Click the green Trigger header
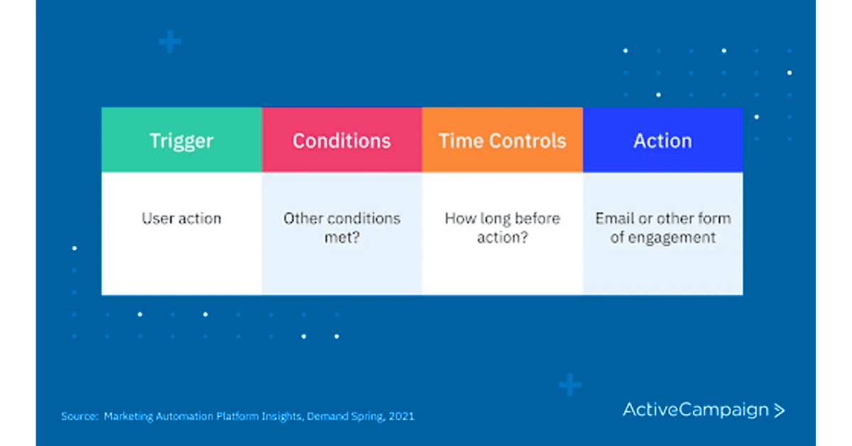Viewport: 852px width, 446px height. [182, 141]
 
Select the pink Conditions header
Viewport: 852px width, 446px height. [342, 141]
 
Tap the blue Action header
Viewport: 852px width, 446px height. [662, 141]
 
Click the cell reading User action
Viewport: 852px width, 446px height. [182, 219]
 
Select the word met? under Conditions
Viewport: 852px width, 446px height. [342, 238]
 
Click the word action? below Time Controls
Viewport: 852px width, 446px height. [502, 238]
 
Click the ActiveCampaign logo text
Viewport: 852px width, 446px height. [696, 410]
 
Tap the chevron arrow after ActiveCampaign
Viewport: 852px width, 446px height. [779, 410]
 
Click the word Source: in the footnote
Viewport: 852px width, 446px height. [79, 416]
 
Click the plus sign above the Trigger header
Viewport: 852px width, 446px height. [170, 42]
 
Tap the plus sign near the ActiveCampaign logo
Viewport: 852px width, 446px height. [569, 385]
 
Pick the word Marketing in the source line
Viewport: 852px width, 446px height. [128, 416]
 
